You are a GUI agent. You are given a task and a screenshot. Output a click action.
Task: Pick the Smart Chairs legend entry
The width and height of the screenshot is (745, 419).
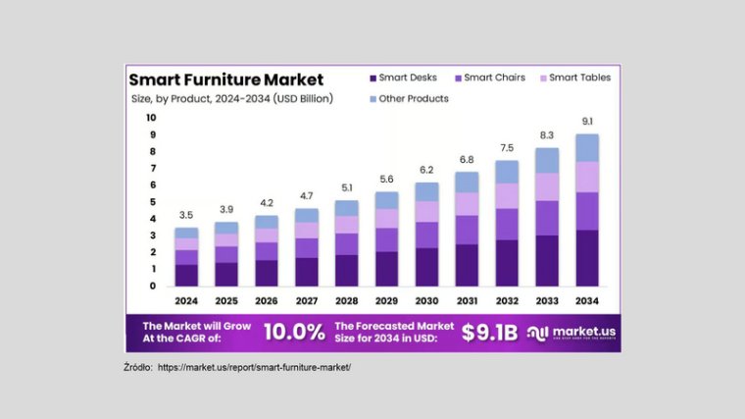tap(491, 78)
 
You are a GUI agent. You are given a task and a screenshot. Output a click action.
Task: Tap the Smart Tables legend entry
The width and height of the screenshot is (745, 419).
tap(573, 78)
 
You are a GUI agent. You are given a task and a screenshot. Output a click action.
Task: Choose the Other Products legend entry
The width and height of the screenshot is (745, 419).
tap(410, 98)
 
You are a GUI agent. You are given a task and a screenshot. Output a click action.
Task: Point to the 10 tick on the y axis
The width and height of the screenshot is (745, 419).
tap(151, 118)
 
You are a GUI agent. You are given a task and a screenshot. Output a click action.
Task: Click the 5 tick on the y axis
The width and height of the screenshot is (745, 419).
tap(152, 202)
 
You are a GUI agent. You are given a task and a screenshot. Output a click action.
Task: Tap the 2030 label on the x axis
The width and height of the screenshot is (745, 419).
tap(425, 300)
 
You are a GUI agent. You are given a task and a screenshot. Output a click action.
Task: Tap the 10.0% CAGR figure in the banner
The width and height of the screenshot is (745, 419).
tap(294, 332)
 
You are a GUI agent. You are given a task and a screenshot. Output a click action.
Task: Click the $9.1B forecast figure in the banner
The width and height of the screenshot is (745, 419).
tap(487, 332)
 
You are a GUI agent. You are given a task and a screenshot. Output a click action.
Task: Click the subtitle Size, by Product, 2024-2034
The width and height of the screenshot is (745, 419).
tap(231, 98)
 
